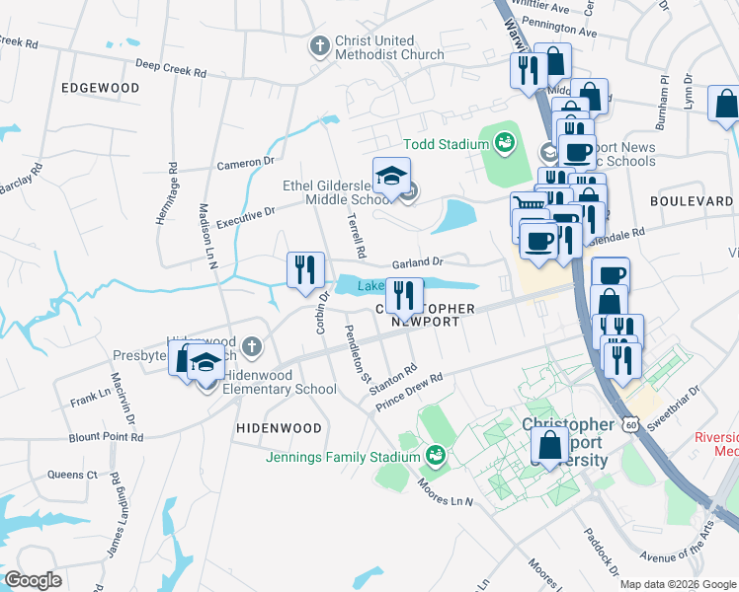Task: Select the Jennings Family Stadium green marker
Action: (434, 455)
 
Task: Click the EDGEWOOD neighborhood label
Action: (100, 88)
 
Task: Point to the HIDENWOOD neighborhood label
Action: (280, 428)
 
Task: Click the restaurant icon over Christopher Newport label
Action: (403, 294)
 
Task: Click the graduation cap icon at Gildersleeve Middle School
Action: (392, 176)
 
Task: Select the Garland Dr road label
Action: (418, 262)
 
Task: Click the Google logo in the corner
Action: (34, 580)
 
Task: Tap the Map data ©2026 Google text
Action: (678, 584)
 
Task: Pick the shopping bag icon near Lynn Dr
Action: (726, 106)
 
